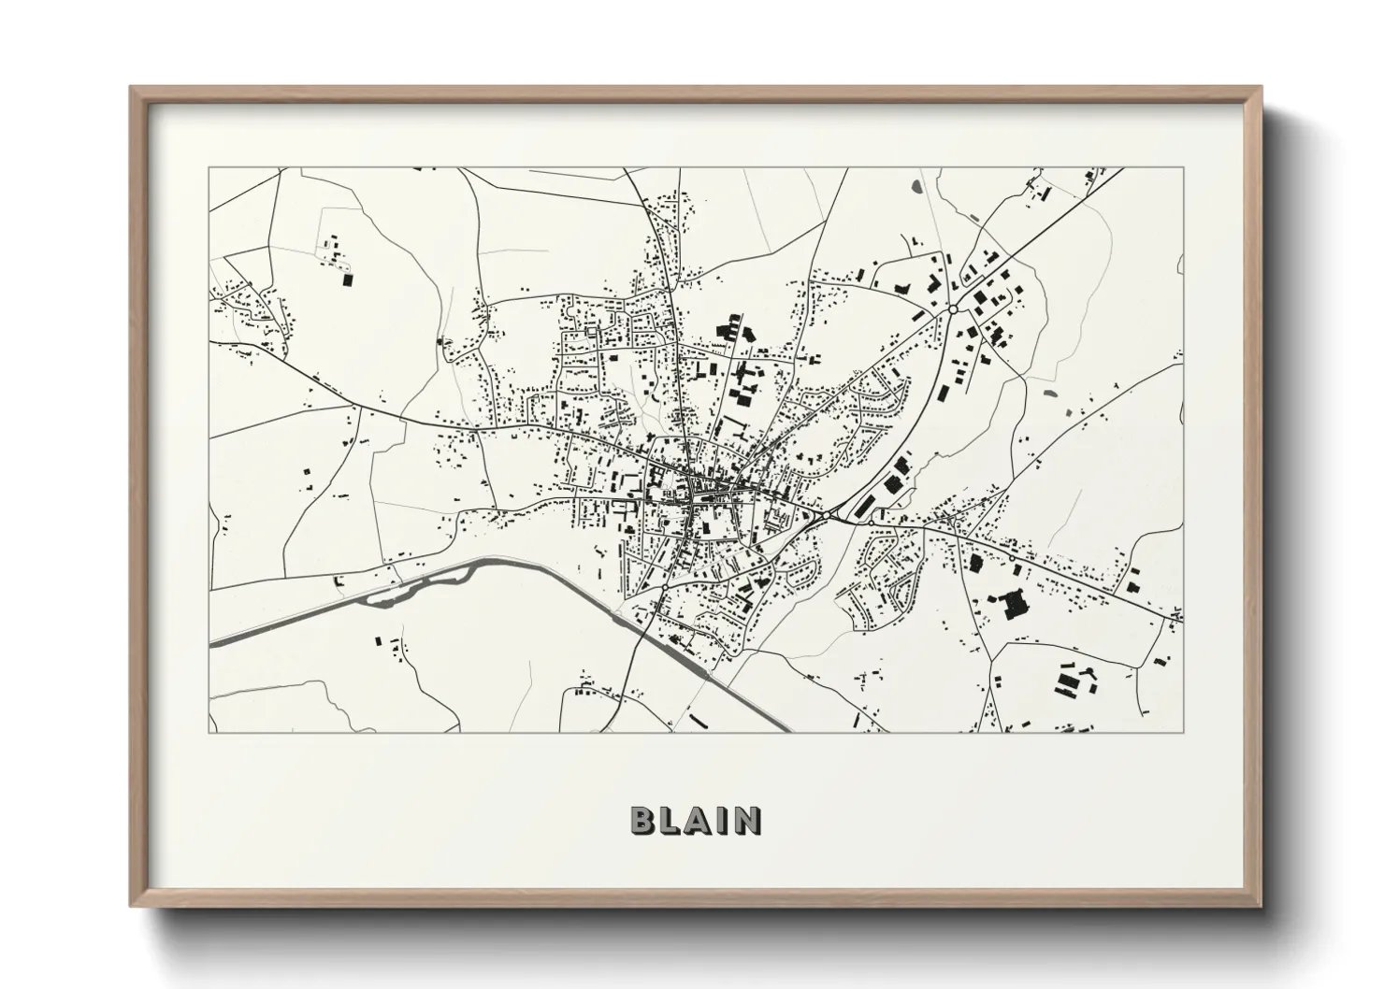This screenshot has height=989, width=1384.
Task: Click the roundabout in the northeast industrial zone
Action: coord(952,309)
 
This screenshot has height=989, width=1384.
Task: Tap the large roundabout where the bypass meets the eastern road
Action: coord(827,515)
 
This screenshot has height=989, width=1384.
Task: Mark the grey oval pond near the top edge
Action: coord(915,187)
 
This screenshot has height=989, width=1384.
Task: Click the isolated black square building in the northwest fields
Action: coord(348,279)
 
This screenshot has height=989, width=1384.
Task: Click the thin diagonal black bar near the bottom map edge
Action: coord(697,720)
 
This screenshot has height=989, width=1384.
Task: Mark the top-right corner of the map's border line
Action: coord(1183,168)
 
